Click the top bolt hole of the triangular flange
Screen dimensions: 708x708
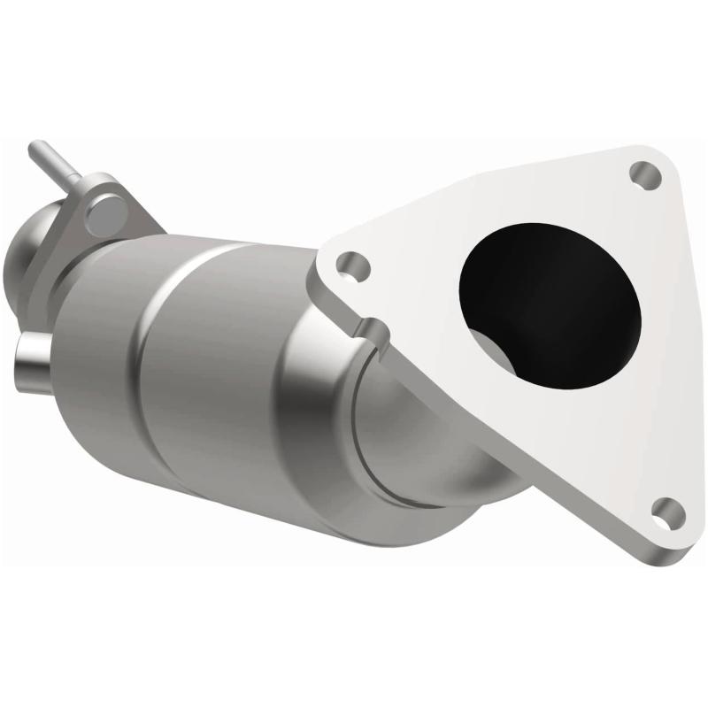(x=646, y=174)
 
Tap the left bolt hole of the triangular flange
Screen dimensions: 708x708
(x=352, y=265)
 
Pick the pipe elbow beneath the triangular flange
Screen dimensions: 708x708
(x=442, y=442)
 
